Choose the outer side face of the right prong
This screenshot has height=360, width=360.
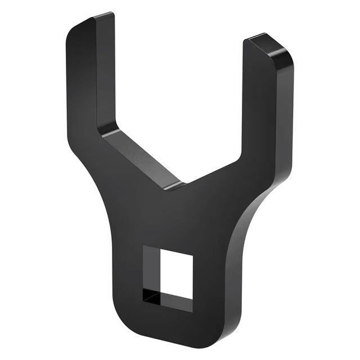click(x=284, y=112)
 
